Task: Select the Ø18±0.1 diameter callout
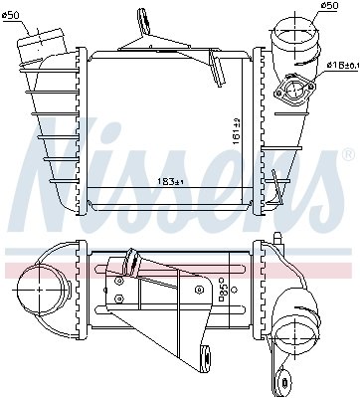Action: pyautogui.click(x=341, y=65)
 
